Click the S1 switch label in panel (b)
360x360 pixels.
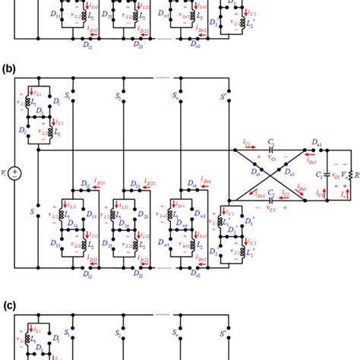click(x=68, y=97)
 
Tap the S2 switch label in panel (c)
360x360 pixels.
click(x=120, y=332)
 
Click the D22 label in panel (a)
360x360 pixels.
click(x=142, y=43)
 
